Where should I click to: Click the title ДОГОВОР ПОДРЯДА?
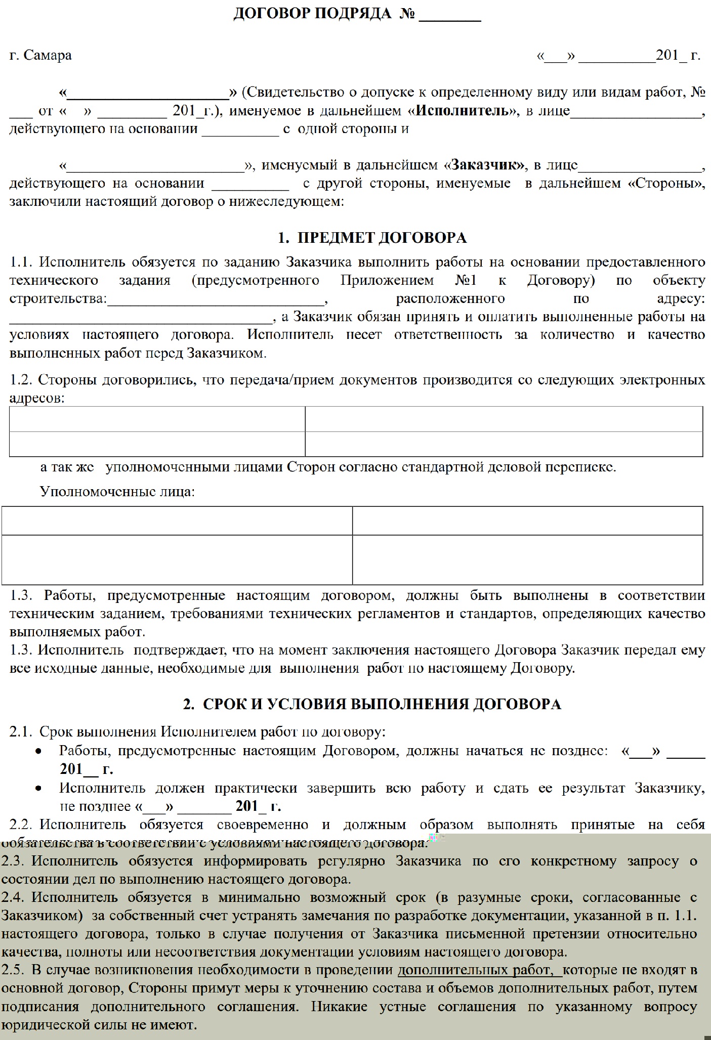[312, 14]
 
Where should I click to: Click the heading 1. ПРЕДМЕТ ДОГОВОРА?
[372, 238]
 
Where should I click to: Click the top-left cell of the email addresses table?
[157, 419]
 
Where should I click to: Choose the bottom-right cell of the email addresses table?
[504, 444]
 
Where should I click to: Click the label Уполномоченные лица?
[117, 491]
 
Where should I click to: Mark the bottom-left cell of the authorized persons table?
[177, 559]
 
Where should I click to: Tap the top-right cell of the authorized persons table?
[527, 521]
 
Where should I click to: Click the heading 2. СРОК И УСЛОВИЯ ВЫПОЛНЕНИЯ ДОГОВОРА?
[372, 704]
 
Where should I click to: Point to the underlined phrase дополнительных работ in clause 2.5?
[474, 970]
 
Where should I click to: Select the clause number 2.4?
[13, 897]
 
